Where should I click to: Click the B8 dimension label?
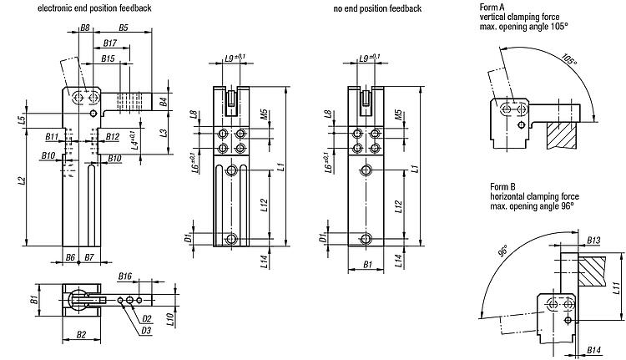(x=84, y=28)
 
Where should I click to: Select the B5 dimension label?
(x=123, y=28)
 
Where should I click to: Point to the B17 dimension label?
(x=109, y=43)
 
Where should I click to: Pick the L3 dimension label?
(x=164, y=133)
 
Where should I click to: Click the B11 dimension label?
(x=52, y=136)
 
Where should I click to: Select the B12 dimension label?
(x=114, y=136)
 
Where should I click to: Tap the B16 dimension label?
(x=125, y=275)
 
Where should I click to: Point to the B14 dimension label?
(x=594, y=348)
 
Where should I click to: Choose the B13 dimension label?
(x=593, y=240)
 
